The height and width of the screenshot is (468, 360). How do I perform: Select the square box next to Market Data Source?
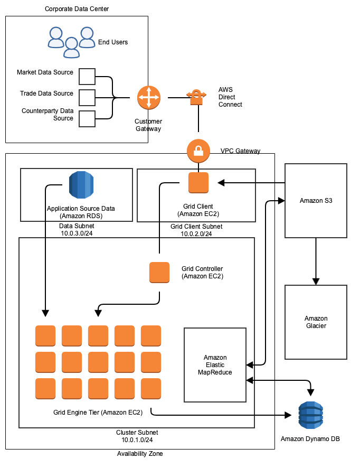click(x=87, y=76)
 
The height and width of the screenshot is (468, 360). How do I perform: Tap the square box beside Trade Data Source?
click(x=87, y=97)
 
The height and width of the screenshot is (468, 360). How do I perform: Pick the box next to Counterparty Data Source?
click(x=87, y=118)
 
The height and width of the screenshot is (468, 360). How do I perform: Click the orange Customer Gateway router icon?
click(x=148, y=97)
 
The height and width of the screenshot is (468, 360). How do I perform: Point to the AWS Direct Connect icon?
click(x=196, y=97)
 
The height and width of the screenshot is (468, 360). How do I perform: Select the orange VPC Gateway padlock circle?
click(x=198, y=151)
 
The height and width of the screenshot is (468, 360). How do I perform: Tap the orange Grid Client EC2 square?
click(x=198, y=183)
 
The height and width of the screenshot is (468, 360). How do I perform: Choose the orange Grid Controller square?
click(x=159, y=272)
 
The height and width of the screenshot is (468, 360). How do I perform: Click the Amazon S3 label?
click(x=316, y=201)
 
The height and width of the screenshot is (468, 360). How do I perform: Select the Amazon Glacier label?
click(x=316, y=322)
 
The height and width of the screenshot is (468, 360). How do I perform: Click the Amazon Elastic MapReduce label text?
click(x=215, y=365)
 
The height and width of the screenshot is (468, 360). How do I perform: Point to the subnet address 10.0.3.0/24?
click(x=77, y=232)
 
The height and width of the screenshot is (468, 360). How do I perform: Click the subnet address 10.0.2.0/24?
click(x=196, y=233)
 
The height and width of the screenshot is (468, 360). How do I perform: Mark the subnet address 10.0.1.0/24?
click(x=137, y=439)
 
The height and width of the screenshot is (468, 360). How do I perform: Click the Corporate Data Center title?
click(x=77, y=9)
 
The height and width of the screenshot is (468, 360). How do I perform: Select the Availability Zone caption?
click(x=140, y=454)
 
